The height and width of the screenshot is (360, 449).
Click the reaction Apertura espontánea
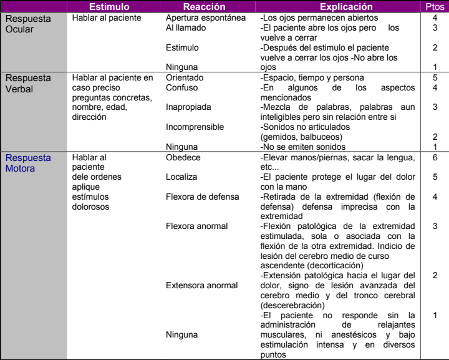click(200, 19)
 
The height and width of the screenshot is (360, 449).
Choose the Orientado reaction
click(185, 77)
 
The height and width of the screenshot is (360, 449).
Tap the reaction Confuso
click(182, 87)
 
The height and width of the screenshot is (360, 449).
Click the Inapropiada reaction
click(188, 107)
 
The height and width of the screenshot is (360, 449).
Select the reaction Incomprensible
click(195, 127)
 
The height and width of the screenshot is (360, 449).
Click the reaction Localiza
click(181, 178)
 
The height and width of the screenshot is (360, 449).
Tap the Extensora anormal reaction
click(201, 286)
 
